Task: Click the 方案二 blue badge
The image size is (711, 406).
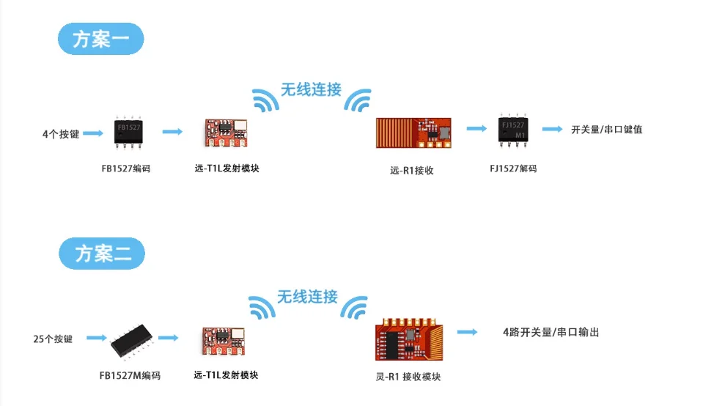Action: pyautogui.click(x=101, y=254)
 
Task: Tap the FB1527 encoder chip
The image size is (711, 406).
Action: pyautogui.click(x=129, y=131)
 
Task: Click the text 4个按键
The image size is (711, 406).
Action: pyautogui.click(x=60, y=134)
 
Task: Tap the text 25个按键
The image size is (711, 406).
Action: pyautogui.click(x=53, y=339)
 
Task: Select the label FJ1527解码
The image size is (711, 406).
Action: pyautogui.click(x=513, y=169)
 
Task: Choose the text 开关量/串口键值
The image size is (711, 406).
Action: pyautogui.click(x=607, y=130)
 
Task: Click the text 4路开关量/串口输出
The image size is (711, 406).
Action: pyautogui.click(x=546, y=332)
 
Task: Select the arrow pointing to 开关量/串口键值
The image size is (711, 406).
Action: pyautogui.click(x=552, y=129)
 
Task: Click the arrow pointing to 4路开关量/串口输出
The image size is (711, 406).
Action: pyautogui.click(x=469, y=332)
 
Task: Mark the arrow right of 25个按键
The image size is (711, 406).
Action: pyautogui.click(x=95, y=339)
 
